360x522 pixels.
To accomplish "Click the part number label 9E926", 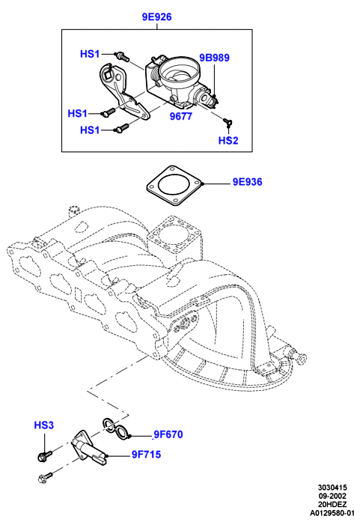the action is (x=156, y=16).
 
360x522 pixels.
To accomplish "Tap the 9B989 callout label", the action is (x=214, y=58).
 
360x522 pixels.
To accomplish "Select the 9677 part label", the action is (x=180, y=116).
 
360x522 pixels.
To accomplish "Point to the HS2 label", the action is (x=228, y=141).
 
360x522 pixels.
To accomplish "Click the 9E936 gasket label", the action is (x=247, y=182).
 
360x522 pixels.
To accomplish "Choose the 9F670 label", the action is (x=168, y=434).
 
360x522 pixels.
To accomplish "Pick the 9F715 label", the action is (x=146, y=455).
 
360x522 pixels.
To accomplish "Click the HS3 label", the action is (x=43, y=425).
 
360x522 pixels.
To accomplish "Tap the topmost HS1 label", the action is (x=90, y=54).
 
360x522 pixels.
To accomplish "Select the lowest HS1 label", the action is (x=90, y=130).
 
